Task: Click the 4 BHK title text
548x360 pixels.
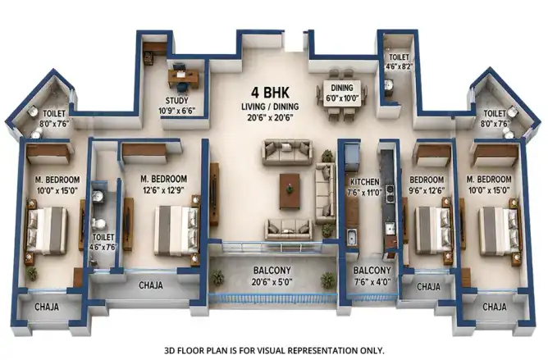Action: [x=270, y=93]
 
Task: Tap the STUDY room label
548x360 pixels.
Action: [x=177, y=101]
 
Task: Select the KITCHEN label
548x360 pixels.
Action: [x=365, y=182]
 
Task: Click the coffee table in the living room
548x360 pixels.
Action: [x=290, y=192]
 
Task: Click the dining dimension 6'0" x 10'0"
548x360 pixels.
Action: [x=343, y=98]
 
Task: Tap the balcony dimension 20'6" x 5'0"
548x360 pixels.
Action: [x=272, y=282]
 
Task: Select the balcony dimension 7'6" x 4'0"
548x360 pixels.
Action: [x=372, y=281]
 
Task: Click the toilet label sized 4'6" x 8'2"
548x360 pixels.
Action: [x=400, y=62]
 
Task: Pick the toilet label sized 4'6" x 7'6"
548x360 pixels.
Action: [x=103, y=242]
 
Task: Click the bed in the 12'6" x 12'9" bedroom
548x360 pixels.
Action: [x=176, y=230]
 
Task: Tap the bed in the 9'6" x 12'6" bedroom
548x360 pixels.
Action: [x=432, y=231]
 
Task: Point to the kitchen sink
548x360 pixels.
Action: [x=352, y=237]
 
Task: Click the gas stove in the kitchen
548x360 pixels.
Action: [x=390, y=194]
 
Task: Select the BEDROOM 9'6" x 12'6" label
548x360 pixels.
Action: [x=427, y=185]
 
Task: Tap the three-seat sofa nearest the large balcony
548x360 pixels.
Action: [x=289, y=229]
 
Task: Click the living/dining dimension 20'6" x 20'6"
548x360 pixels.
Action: [x=270, y=118]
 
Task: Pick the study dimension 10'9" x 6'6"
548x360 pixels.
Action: [x=177, y=111]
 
